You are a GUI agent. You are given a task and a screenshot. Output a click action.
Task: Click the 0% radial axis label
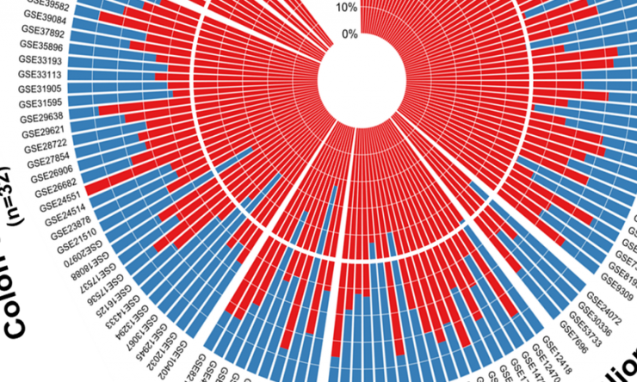349,34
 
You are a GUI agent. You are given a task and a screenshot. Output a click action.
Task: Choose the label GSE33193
40,61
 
